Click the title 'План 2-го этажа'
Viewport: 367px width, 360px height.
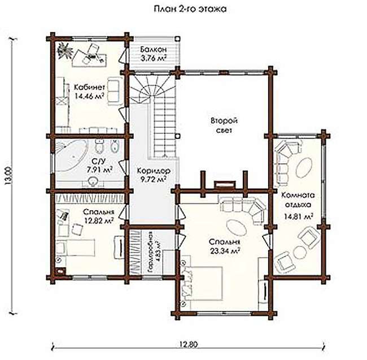pos(190,9)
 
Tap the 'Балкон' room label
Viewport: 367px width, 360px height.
pos(154,49)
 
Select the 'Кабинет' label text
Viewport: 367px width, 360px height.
pos(89,87)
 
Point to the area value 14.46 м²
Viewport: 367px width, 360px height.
pos(89,96)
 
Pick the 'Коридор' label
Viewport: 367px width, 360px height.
pos(154,171)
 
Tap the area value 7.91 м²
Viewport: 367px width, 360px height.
pos(99,170)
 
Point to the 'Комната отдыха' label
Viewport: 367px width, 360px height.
pos(298,199)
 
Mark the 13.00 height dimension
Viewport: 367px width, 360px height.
pos(8,176)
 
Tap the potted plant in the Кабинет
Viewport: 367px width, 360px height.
pos(65,50)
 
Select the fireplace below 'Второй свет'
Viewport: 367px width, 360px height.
pos(225,184)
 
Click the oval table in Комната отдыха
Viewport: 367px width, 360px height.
pos(304,167)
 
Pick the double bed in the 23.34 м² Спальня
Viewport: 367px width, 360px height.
pos(202,283)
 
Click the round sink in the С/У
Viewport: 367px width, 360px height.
pos(94,181)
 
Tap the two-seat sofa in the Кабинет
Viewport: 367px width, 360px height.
pos(114,92)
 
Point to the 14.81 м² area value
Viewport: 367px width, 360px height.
pos(299,216)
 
